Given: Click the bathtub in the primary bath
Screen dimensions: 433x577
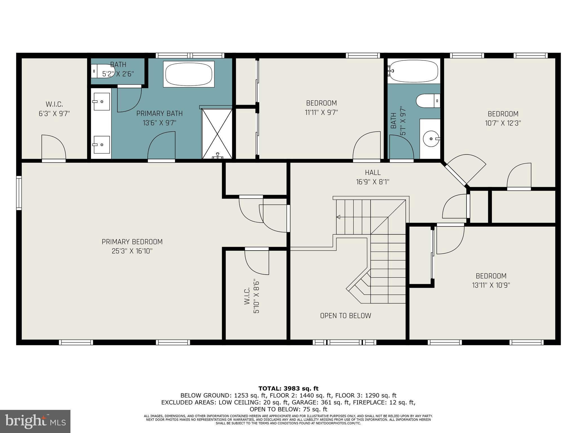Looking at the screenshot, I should click(189, 74).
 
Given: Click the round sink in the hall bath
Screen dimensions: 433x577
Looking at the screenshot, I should click(431, 139).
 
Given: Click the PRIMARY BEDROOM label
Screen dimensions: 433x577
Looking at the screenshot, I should click(132, 242).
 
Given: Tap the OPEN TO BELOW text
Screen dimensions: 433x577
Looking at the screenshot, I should click(345, 316).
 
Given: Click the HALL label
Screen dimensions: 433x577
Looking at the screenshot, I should click(372, 173).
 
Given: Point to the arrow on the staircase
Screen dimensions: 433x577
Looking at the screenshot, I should click(338, 217).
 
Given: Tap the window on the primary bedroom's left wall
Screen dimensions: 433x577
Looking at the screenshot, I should click(19, 193).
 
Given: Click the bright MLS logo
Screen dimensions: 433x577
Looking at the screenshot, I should click(35, 421).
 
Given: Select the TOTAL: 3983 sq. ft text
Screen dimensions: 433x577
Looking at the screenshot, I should click(288, 389).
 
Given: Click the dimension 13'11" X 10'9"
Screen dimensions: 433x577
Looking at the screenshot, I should click(491, 285).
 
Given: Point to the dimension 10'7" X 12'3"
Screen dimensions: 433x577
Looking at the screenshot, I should click(503, 123).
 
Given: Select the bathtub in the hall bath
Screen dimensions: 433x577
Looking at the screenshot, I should click(414, 71).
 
